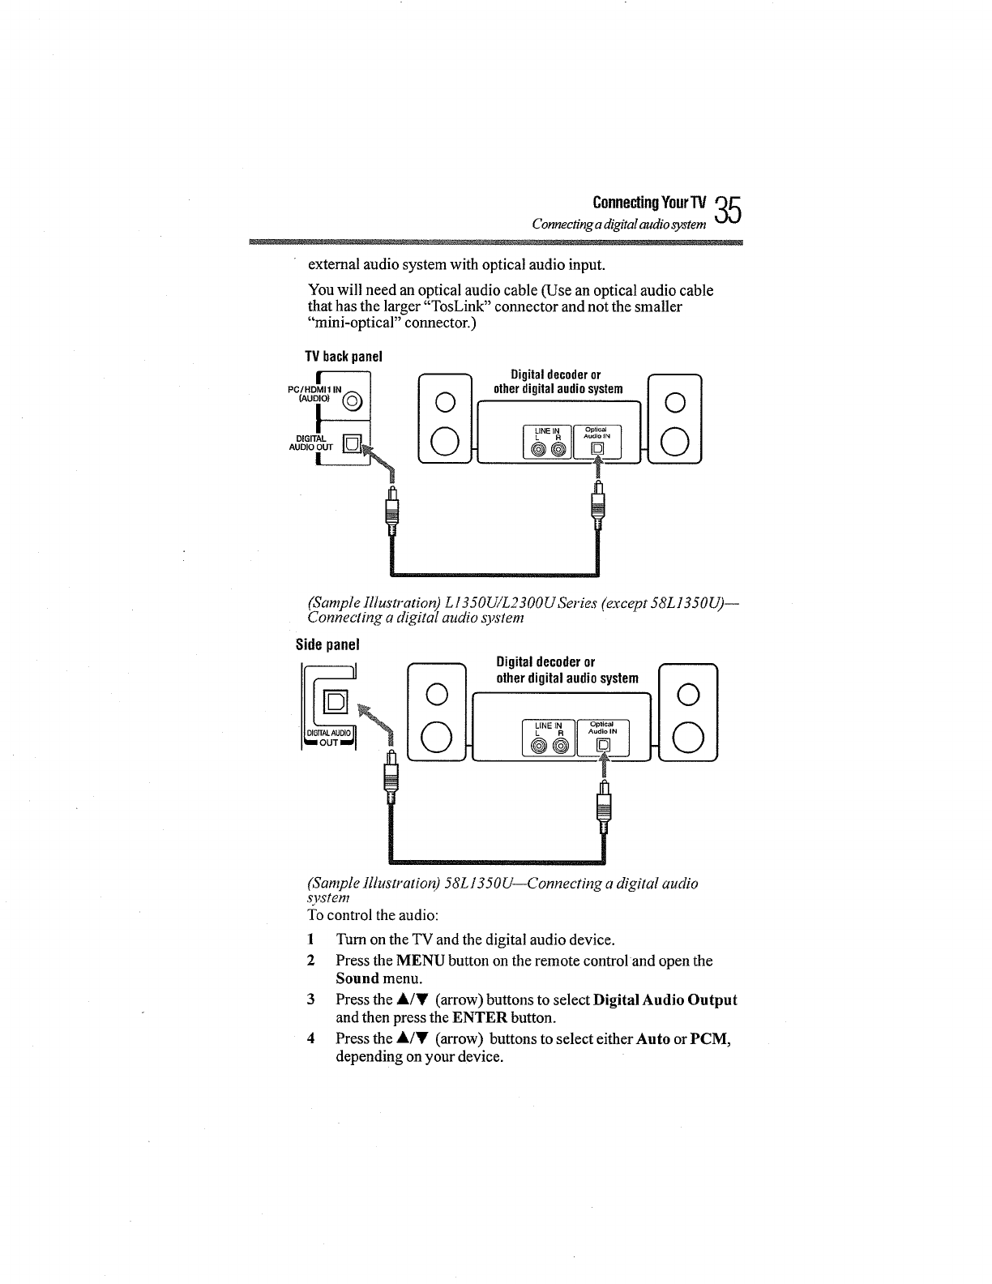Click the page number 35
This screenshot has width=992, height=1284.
(729, 212)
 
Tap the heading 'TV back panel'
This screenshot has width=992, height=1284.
(343, 357)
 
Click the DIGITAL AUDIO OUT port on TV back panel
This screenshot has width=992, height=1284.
(351, 443)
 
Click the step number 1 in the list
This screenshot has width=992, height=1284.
(310, 940)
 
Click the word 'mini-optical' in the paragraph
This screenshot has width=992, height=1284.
(356, 323)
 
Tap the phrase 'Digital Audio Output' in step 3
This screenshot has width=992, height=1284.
(665, 999)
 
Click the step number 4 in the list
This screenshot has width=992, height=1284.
(310, 1038)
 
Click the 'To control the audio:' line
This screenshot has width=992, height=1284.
(373, 915)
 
